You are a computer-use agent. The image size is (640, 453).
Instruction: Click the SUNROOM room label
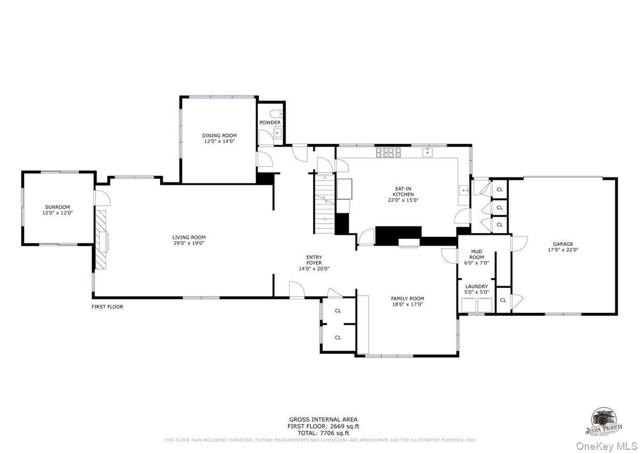[58, 207]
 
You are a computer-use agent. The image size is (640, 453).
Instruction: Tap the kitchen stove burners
[388, 153]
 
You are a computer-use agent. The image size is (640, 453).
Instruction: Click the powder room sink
[277, 133]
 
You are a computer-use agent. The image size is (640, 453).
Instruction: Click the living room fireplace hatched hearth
[101, 237]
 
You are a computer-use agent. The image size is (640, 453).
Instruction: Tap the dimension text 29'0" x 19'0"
[189, 243]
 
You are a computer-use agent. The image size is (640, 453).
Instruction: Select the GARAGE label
[563, 244]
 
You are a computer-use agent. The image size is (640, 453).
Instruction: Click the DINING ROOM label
[219, 136]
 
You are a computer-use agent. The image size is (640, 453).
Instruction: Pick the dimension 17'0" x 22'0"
[563, 250]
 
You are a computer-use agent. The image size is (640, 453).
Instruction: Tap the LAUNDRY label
[476, 287]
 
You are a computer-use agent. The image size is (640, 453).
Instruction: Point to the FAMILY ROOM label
[407, 299]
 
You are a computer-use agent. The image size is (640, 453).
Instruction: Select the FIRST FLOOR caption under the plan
[107, 307]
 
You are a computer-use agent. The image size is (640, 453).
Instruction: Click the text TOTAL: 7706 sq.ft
[323, 433]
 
